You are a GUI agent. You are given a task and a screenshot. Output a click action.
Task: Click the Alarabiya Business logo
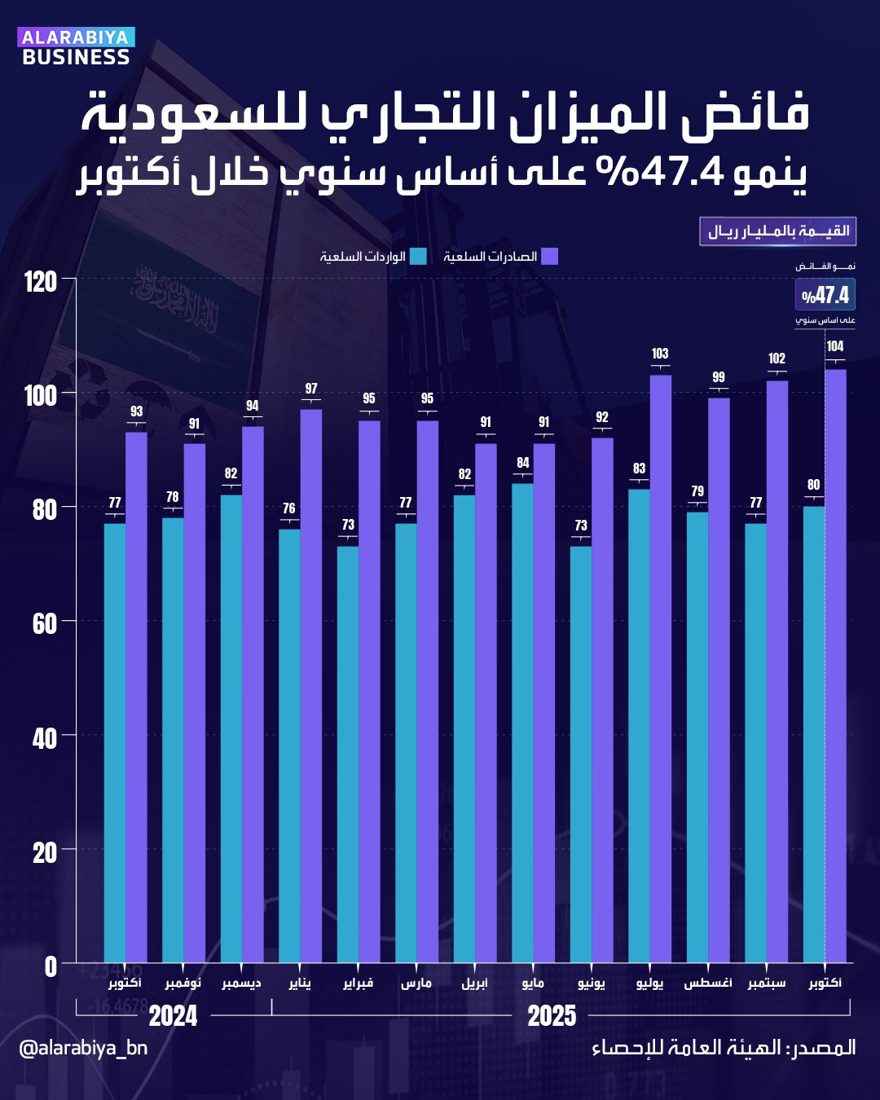click(76, 47)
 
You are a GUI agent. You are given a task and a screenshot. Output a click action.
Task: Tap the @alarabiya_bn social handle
click(83, 1047)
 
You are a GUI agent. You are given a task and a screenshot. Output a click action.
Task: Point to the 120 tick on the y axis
click(41, 282)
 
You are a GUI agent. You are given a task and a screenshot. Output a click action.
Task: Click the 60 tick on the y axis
click(44, 624)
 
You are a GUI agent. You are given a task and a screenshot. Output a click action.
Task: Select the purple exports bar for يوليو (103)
click(660, 668)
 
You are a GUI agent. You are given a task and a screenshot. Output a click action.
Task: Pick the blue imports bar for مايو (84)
click(522, 723)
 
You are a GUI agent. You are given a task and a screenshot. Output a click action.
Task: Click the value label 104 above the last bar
click(835, 346)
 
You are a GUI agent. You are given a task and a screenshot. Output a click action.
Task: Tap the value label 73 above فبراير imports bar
click(348, 525)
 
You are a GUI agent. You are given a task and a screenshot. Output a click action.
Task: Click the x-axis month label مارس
click(416, 983)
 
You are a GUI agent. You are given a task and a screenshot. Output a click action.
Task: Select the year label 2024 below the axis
click(173, 1016)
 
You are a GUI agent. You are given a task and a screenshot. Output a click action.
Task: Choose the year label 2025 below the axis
click(552, 1016)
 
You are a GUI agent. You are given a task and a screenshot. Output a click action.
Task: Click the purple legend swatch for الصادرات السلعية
click(550, 257)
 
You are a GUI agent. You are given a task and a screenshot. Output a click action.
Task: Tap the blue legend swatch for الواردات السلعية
click(418, 257)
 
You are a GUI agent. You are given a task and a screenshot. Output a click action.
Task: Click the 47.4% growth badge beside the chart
click(825, 295)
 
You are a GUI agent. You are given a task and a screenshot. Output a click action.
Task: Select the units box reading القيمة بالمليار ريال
click(777, 231)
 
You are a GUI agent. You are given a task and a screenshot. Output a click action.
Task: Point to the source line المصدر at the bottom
click(724, 1048)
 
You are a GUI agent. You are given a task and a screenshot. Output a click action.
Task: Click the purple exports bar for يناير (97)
click(311, 684)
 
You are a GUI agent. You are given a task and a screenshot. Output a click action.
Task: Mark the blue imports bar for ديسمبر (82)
click(231, 728)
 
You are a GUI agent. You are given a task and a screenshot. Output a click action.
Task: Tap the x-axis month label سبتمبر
click(767, 983)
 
